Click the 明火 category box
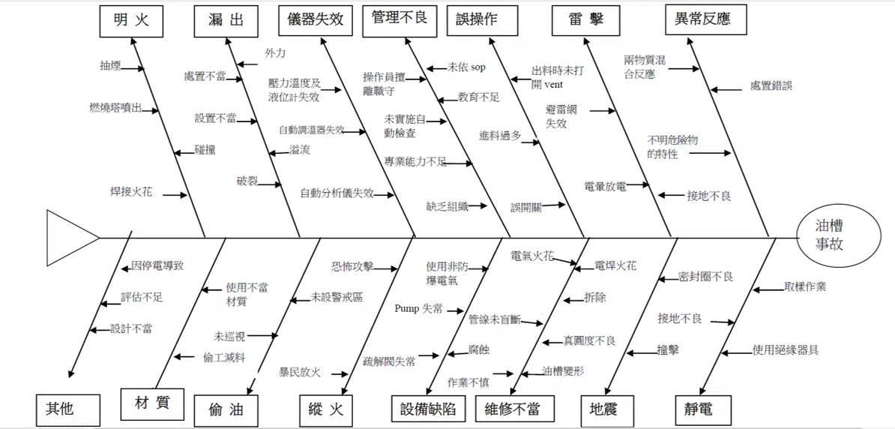(130, 20)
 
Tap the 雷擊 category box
(586, 20)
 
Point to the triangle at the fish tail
(73, 238)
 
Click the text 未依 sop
(466, 67)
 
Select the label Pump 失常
(419, 309)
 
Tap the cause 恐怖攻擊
(353, 266)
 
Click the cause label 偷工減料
(224, 358)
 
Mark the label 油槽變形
(564, 370)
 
